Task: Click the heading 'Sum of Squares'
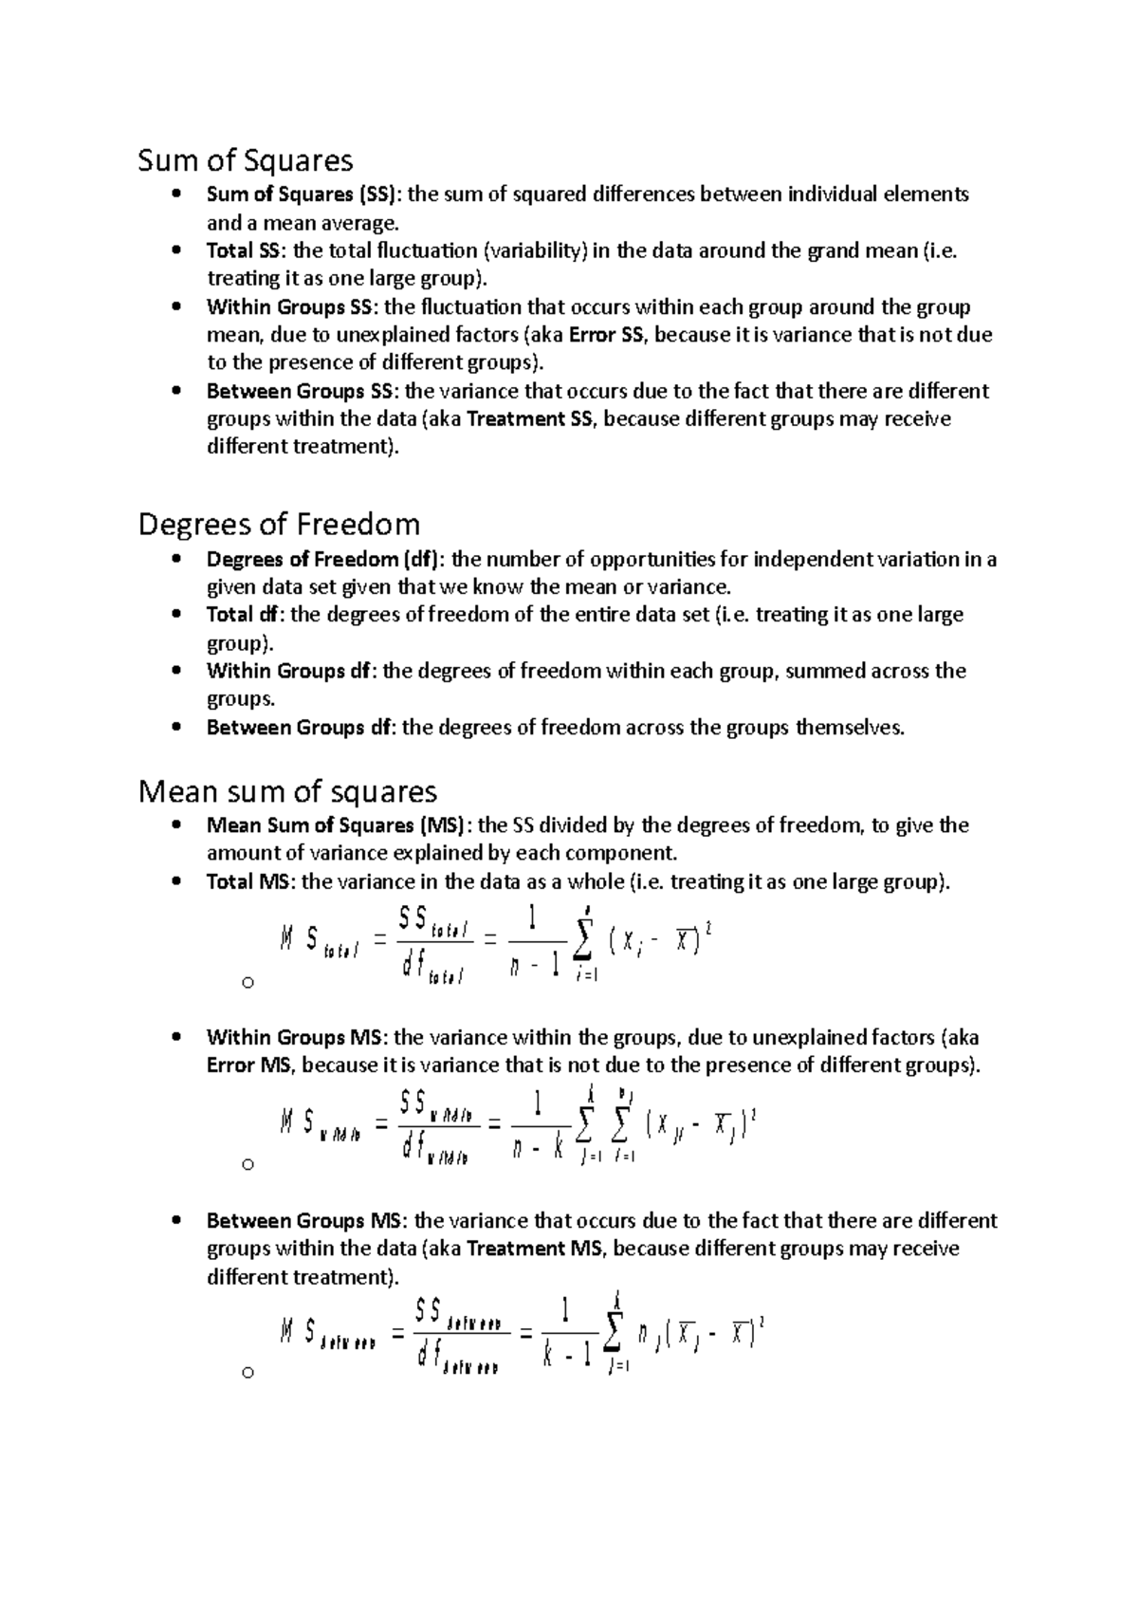[x=246, y=160]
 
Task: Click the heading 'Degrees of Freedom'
[x=279, y=524]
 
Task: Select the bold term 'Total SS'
[x=242, y=250]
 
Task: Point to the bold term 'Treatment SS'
[x=529, y=419]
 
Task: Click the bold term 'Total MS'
[x=250, y=881]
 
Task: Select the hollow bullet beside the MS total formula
[x=248, y=983]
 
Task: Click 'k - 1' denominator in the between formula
[x=567, y=1356]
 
